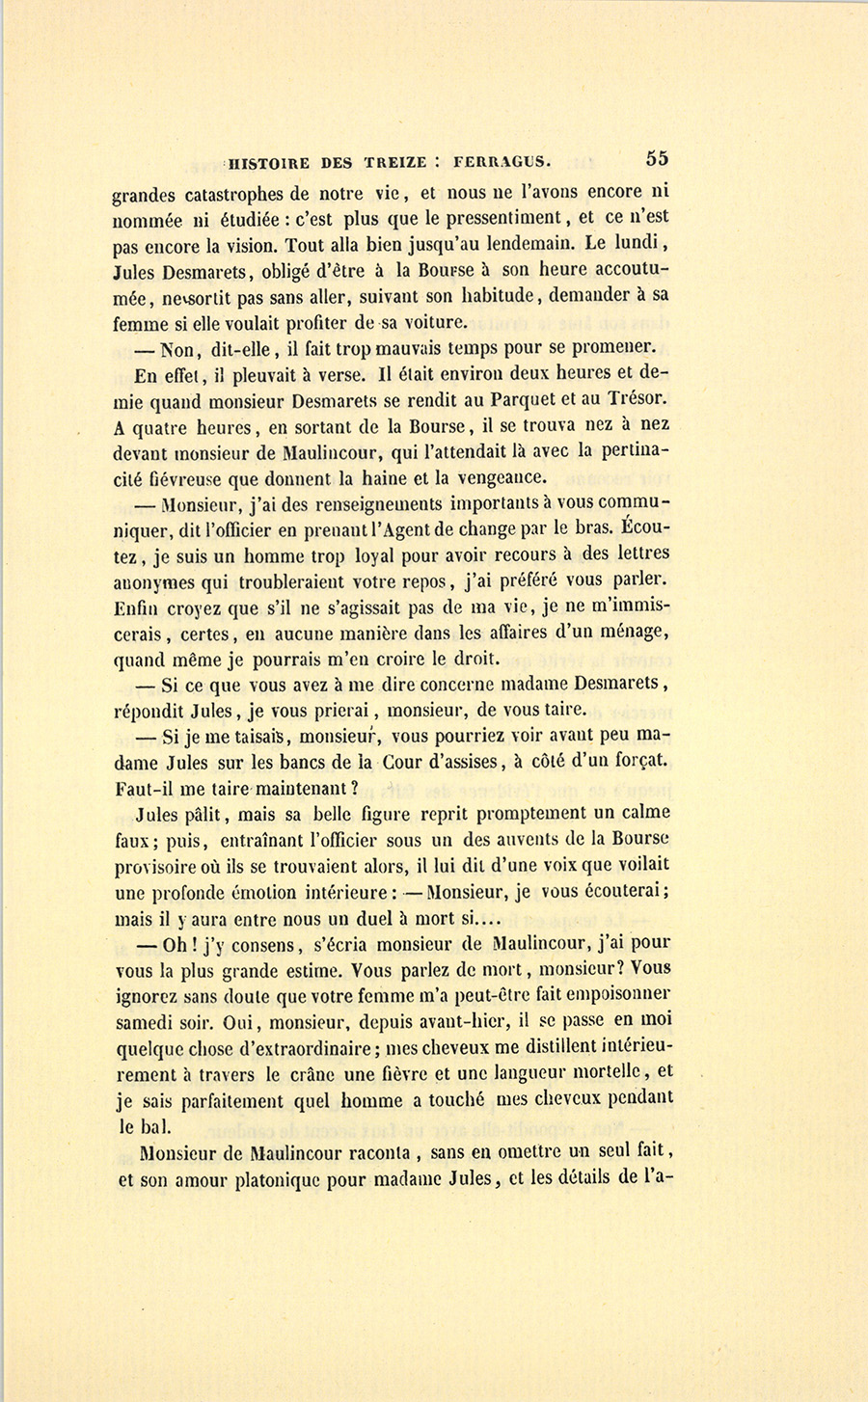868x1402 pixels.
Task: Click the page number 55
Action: click(x=658, y=159)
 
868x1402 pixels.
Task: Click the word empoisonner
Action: click(x=613, y=995)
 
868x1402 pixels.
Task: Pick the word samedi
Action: click(x=143, y=1021)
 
